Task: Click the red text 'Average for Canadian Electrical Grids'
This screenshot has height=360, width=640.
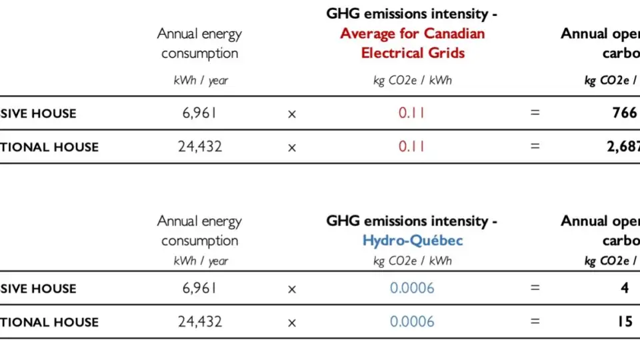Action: click(412, 43)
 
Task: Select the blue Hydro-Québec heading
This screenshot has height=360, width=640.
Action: click(412, 241)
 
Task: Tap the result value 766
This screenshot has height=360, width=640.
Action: click(624, 113)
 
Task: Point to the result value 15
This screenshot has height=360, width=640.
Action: click(624, 322)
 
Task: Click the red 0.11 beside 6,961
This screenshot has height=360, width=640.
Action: click(411, 113)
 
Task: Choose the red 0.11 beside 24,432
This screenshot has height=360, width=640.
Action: click(411, 147)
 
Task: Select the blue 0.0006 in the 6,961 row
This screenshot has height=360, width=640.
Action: click(411, 289)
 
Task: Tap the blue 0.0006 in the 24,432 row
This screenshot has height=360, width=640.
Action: click(411, 322)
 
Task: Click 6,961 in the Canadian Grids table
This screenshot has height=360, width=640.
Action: click(199, 113)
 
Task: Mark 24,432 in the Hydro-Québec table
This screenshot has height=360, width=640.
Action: click(199, 322)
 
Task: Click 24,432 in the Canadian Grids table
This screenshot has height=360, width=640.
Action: click(199, 147)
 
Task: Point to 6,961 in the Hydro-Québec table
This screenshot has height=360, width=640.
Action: click(199, 289)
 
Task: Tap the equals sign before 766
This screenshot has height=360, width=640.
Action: click(534, 113)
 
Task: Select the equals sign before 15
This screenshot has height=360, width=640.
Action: click(534, 322)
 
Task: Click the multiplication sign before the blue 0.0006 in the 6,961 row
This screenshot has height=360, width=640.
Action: click(291, 289)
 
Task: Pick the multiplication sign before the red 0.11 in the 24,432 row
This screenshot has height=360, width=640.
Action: click(291, 147)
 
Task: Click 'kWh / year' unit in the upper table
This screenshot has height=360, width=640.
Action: click(200, 81)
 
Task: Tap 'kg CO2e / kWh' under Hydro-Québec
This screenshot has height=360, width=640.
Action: click(412, 261)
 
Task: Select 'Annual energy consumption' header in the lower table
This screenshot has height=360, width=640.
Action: click(199, 231)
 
